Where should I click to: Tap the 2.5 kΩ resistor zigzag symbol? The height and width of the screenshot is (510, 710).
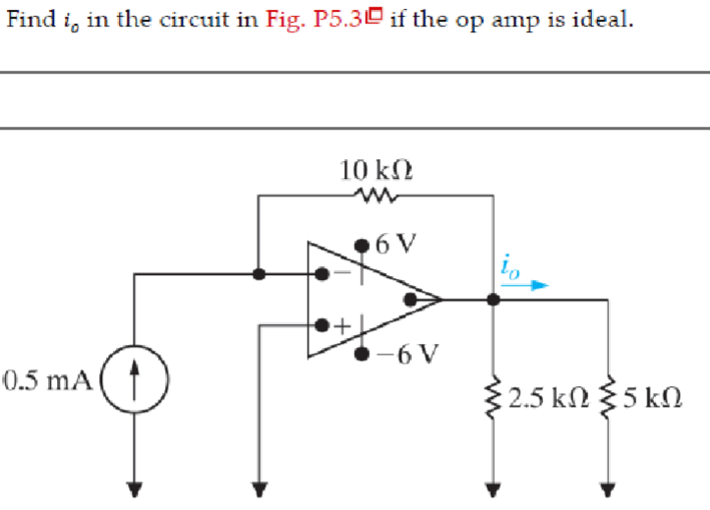tap(494, 398)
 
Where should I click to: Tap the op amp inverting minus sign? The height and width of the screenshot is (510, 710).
tap(340, 276)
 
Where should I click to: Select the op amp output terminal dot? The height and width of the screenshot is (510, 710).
tap(417, 298)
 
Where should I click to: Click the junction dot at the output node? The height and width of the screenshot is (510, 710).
tap(493, 298)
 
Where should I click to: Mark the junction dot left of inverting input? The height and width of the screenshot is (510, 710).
tap(258, 275)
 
